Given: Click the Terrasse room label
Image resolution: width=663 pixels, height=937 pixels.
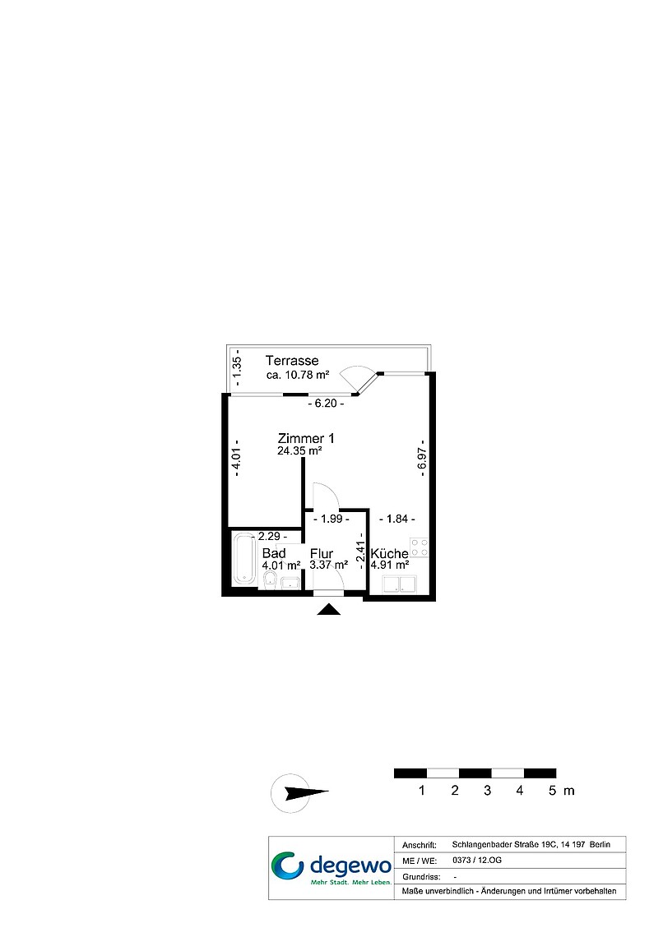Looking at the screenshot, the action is [x=292, y=360].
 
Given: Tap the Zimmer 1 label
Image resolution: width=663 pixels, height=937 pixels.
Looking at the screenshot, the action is [x=306, y=438].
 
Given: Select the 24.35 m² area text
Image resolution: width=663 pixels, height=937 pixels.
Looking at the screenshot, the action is [x=299, y=451].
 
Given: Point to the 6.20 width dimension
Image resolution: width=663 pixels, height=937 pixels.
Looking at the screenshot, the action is [x=326, y=404].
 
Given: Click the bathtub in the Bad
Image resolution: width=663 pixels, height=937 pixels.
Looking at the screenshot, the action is [x=244, y=558].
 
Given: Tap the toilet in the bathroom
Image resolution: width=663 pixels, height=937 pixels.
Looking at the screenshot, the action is [x=270, y=579].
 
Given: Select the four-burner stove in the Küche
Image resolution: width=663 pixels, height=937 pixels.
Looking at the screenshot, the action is [x=419, y=547].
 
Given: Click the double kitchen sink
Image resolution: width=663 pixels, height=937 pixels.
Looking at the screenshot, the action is [x=399, y=584].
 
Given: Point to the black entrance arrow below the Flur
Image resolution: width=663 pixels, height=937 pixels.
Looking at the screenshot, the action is [x=328, y=609].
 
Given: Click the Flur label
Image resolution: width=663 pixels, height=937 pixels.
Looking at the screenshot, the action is [x=322, y=553].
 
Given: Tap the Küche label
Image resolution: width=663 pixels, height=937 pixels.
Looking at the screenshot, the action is [x=389, y=553].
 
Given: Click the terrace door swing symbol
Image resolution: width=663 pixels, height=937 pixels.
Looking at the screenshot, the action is [x=359, y=377].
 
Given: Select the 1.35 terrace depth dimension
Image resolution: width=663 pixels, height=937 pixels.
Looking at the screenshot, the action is [x=236, y=366].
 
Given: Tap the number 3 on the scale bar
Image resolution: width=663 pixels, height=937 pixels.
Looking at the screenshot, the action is [x=487, y=791].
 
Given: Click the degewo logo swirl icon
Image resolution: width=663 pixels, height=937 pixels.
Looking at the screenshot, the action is [x=288, y=867].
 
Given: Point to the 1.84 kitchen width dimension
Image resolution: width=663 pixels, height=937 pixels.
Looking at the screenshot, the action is [x=397, y=519].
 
